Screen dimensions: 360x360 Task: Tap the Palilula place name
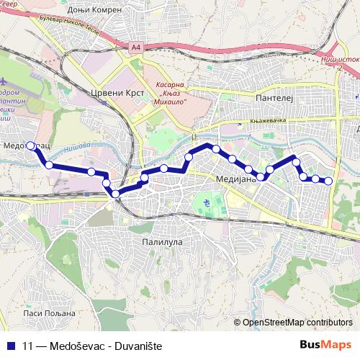point(163,243)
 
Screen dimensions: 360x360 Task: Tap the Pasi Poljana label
point(49,313)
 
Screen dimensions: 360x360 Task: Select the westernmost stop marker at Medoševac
point(30,145)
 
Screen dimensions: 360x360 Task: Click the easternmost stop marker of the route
point(328,181)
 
